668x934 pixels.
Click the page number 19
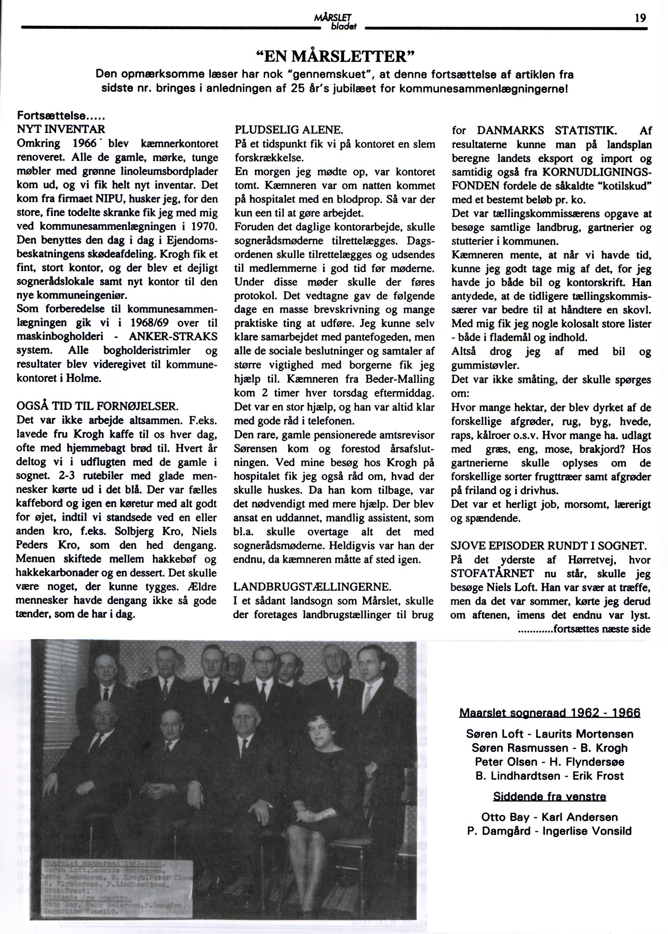click(640, 18)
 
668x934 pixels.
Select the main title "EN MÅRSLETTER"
click(334, 55)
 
